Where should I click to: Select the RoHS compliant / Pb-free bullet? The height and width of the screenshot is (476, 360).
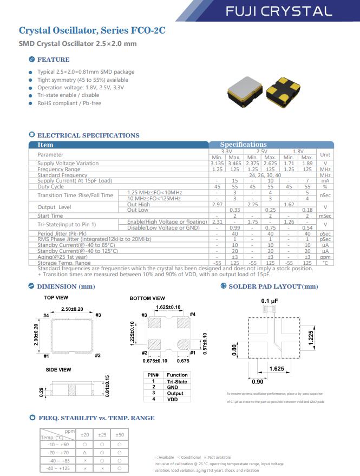(x=69, y=103)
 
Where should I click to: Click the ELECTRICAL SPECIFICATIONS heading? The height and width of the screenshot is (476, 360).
(x=88, y=135)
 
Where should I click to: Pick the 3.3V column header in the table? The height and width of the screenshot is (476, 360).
(x=226, y=152)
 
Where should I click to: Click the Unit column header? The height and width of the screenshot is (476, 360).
(x=325, y=154)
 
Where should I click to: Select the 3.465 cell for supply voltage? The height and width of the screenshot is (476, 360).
(x=235, y=163)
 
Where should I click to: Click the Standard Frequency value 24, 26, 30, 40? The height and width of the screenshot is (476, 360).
(x=265, y=175)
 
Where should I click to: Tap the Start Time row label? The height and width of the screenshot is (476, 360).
(x=50, y=216)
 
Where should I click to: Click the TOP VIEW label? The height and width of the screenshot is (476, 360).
(x=56, y=298)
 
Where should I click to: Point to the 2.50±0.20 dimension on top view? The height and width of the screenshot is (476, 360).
(x=72, y=309)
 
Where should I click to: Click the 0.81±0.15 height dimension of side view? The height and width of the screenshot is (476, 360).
(x=107, y=386)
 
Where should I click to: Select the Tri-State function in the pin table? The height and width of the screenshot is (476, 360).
(x=177, y=382)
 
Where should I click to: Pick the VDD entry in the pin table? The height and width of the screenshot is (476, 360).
(x=172, y=399)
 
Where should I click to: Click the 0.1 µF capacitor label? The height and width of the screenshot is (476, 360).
(x=270, y=301)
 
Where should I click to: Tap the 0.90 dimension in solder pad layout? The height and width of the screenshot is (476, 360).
(x=258, y=381)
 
